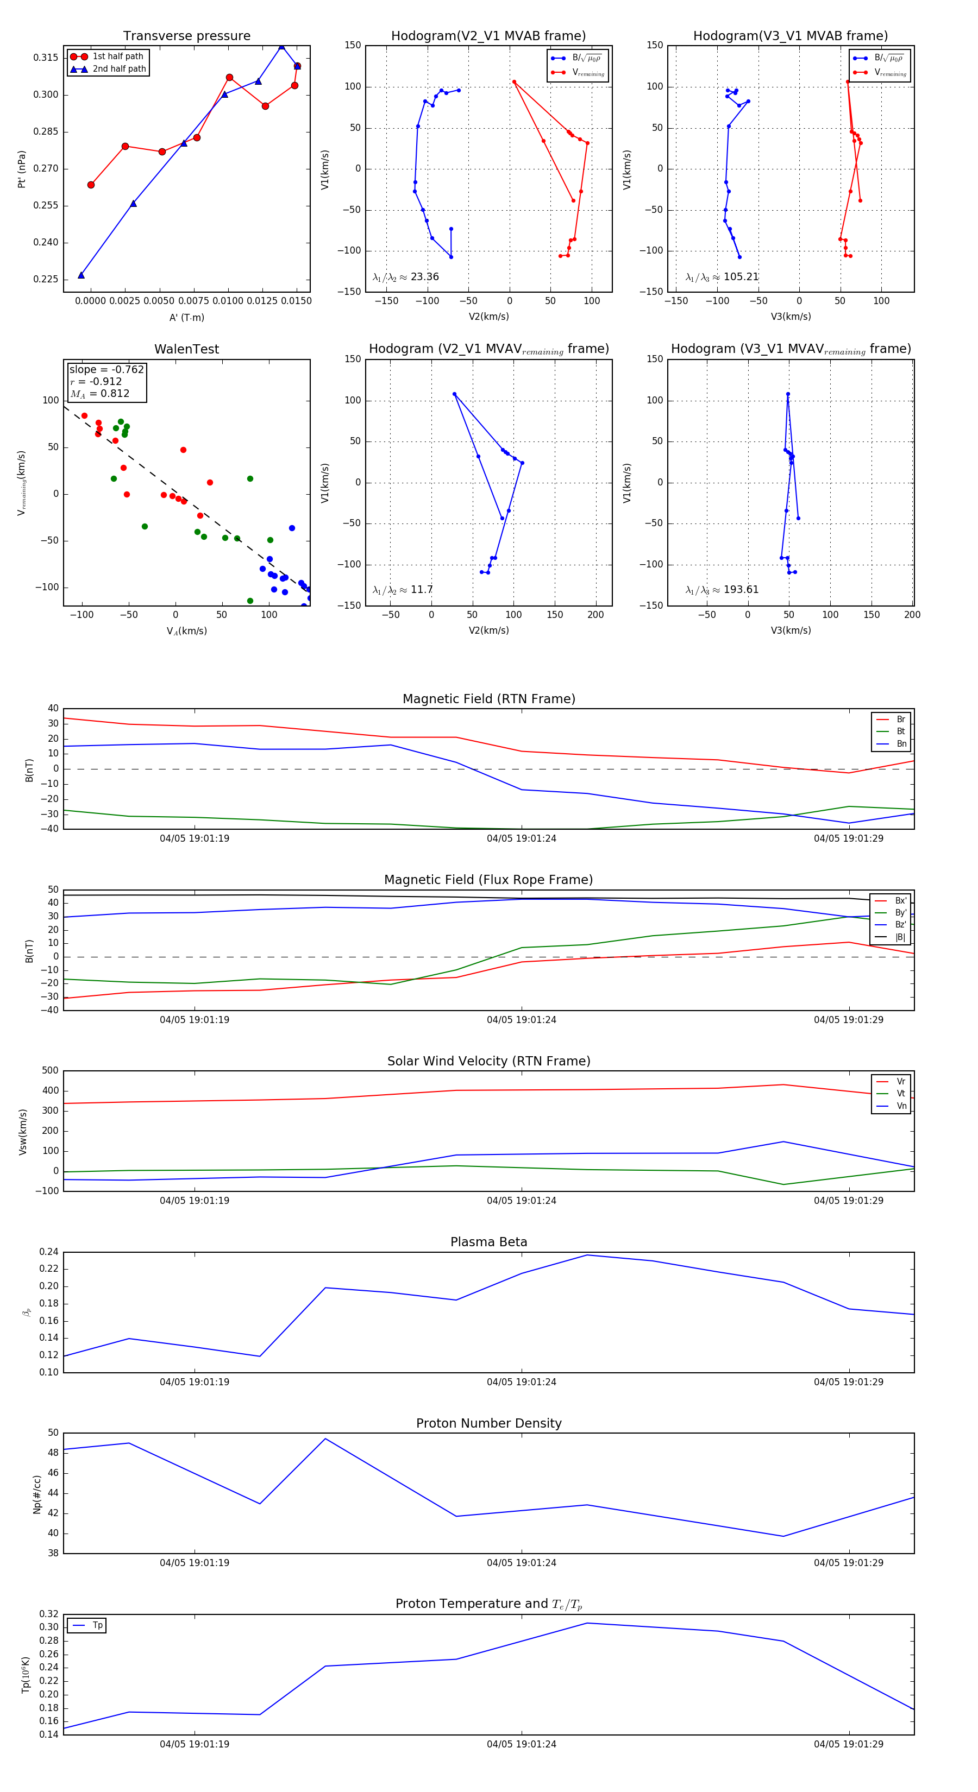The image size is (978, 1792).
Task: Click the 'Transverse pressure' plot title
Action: coord(186,36)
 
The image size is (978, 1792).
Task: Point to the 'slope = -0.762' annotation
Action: coord(106,369)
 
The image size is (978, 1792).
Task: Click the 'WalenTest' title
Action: coord(186,349)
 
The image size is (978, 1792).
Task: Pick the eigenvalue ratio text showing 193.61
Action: coord(722,590)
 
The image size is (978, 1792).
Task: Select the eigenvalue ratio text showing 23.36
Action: coord(406,277)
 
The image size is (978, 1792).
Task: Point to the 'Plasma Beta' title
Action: coord(488,1242)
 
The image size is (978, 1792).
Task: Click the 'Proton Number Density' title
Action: coord(488,1423)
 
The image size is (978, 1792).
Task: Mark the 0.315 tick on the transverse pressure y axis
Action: coord(46,58)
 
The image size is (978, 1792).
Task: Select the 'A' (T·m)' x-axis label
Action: coord(186,318)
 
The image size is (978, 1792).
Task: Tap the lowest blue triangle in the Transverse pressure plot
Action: coord(81,275)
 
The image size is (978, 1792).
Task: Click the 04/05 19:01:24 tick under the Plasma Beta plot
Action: coord(522,1382)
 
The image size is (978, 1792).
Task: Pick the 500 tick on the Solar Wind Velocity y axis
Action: coord(50,1071)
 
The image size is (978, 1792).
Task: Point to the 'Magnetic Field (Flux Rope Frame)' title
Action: coord(488,880)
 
